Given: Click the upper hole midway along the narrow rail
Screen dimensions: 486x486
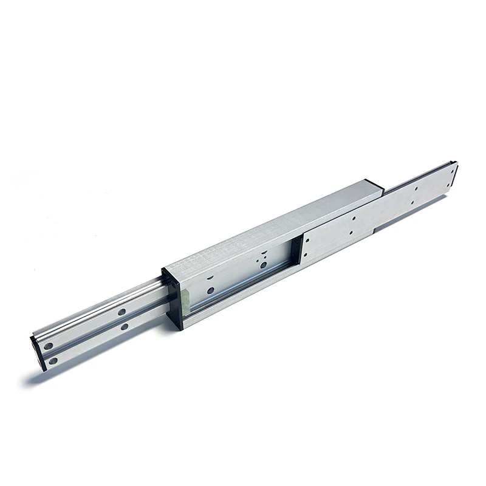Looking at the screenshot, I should (x=122, y=312).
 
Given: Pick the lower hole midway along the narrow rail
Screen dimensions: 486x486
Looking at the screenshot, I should (x=124, y=327).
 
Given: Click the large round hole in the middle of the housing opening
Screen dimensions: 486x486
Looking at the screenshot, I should (x=262, y=264).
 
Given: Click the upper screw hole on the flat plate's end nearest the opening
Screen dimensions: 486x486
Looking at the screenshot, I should (x=306, y=241).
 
